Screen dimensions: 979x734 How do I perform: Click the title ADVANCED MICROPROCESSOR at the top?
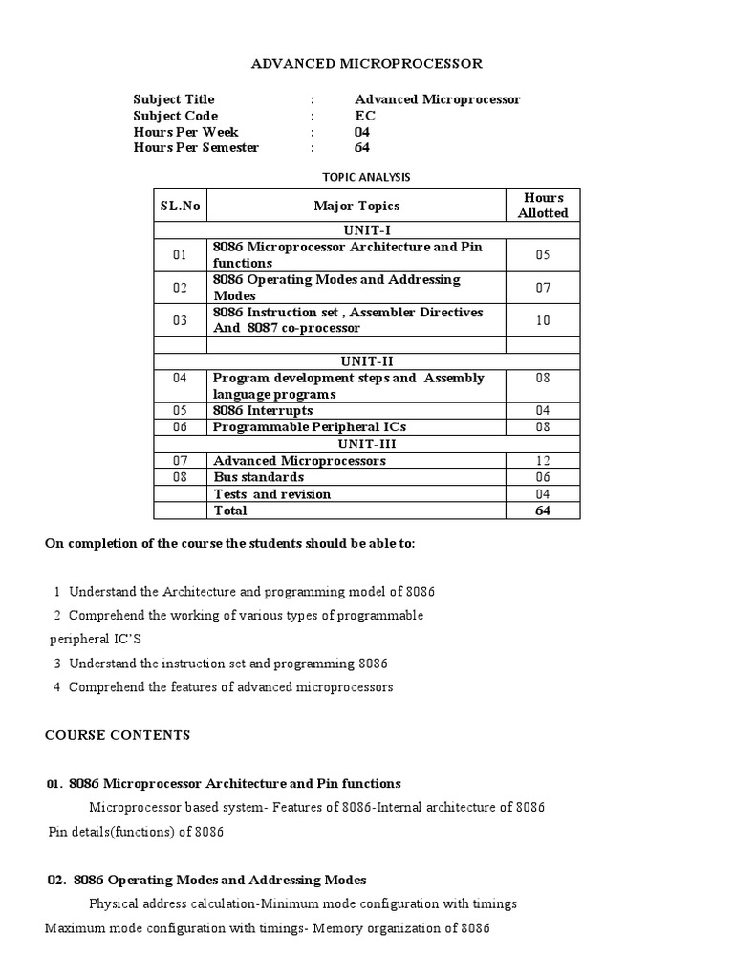366,64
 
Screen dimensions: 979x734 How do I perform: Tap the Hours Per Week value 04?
362,132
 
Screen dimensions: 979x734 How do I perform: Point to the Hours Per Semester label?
196,148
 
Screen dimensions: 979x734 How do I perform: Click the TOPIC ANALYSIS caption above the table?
366,177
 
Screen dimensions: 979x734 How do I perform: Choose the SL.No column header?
180,206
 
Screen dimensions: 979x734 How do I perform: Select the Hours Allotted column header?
543,206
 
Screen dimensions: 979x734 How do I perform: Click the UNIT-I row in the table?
366,230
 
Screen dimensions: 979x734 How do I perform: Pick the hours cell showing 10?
543,320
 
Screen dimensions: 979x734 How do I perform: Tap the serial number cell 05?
180,411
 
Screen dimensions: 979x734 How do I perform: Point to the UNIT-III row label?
366,444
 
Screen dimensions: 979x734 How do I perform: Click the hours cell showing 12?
543,461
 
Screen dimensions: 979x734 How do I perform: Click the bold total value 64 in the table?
543,511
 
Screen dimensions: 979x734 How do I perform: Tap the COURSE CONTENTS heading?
118,735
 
